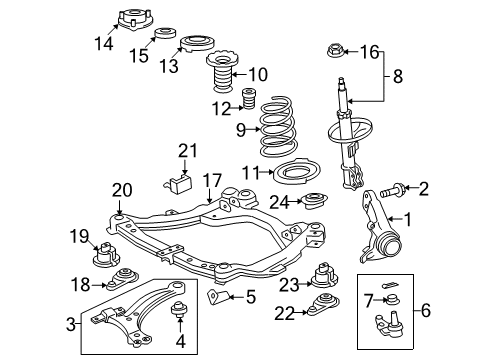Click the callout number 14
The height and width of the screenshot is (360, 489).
pos(104,44)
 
